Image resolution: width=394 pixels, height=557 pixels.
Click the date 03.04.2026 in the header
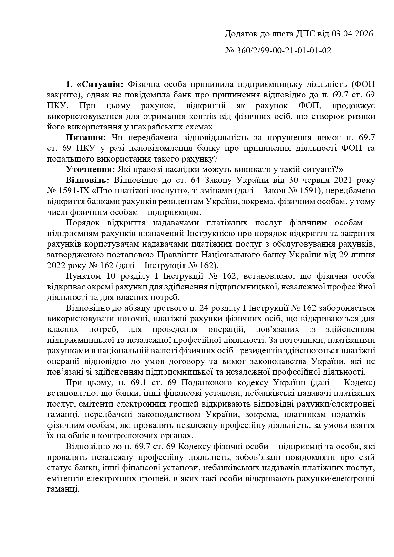coord(352,34)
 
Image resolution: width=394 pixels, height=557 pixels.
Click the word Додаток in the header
coord(239,34)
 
